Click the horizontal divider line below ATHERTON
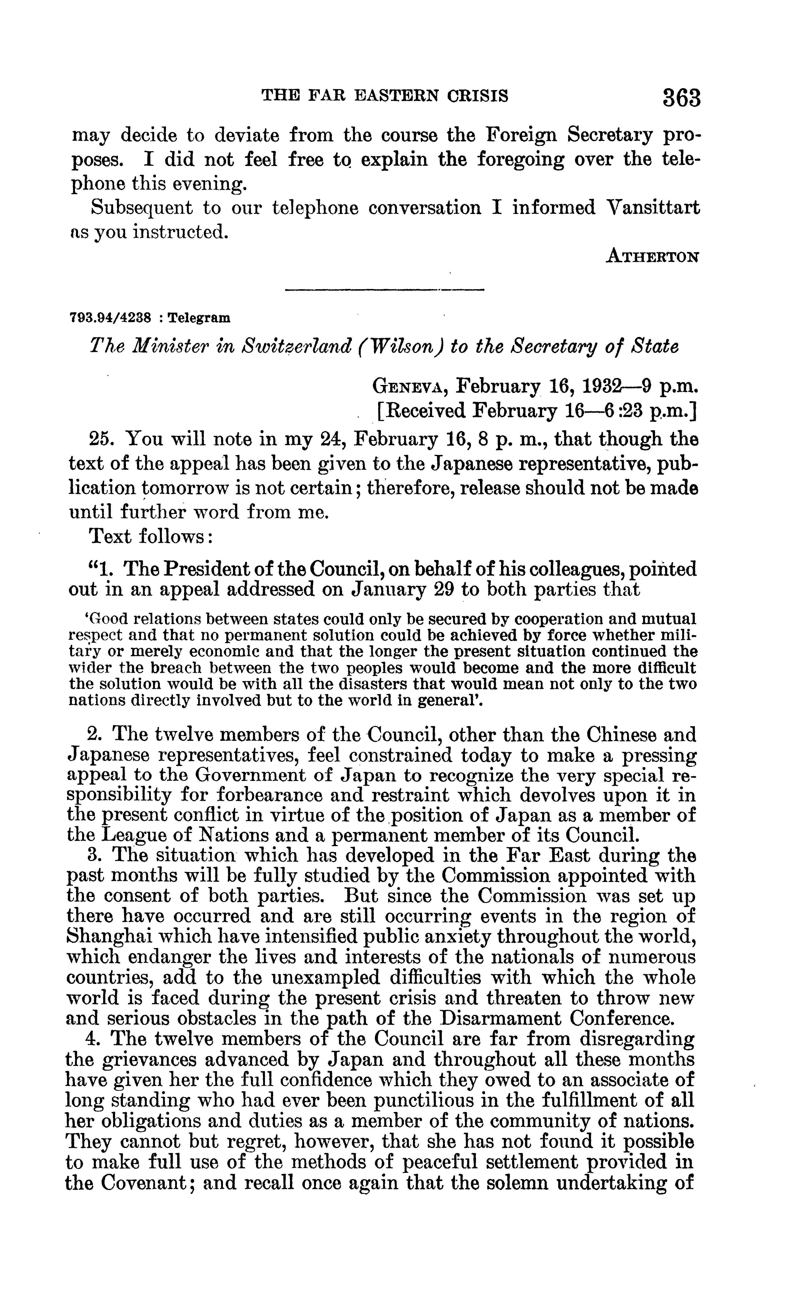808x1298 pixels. (384, 290)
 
